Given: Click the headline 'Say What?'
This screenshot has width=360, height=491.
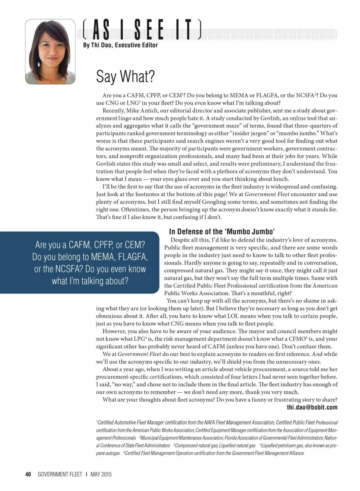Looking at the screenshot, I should click(125, 76).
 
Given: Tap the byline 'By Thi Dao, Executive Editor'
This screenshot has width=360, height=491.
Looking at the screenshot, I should click(120, 45).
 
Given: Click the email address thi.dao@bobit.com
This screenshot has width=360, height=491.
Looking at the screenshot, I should click(312, 407).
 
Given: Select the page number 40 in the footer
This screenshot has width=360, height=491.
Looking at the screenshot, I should click(28, 474).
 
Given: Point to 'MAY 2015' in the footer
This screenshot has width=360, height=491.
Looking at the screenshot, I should click(101, 474).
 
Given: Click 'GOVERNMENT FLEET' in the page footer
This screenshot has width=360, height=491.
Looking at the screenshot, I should click(60, 474).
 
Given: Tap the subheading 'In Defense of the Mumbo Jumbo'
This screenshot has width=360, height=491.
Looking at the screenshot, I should click(222, 231).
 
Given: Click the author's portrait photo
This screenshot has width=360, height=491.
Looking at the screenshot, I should click(50, 52).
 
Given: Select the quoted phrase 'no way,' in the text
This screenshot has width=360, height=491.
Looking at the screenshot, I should click(124, 385).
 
